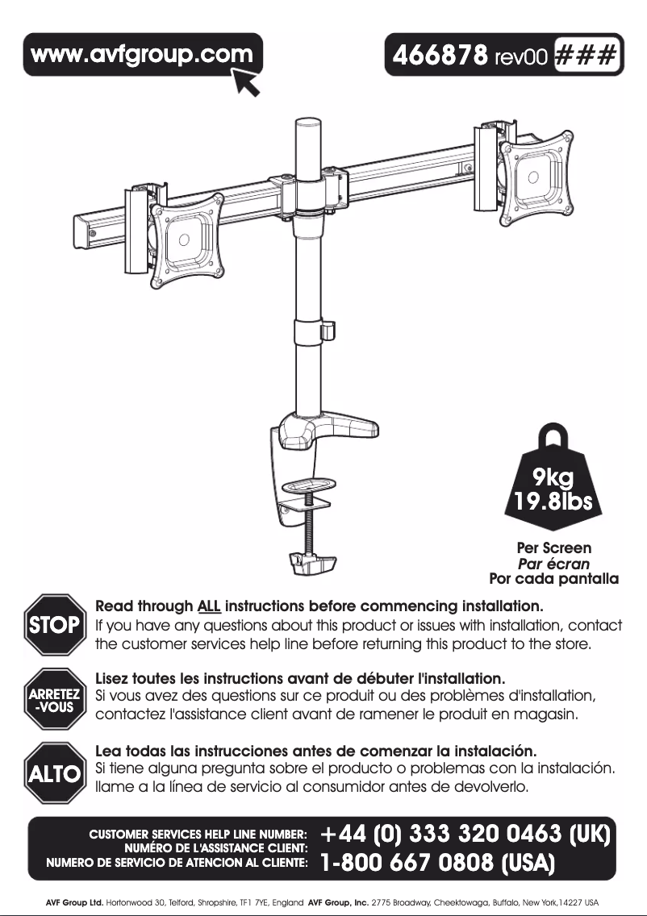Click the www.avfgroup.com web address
point(141,55)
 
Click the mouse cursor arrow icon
point(247,81)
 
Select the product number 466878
point(440,56)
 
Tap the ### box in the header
point(585,56)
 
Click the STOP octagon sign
point(54,624)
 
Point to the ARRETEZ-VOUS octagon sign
point(54,699)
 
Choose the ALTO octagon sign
point(54,773)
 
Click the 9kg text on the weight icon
point(553,479)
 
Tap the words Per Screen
point(553,548)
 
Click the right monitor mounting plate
point(536,176)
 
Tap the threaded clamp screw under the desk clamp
point(308,523)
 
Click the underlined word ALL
point(209,606)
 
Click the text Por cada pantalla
point(553,579)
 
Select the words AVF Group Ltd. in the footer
point(74,902)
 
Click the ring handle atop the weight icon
point(553,436)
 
